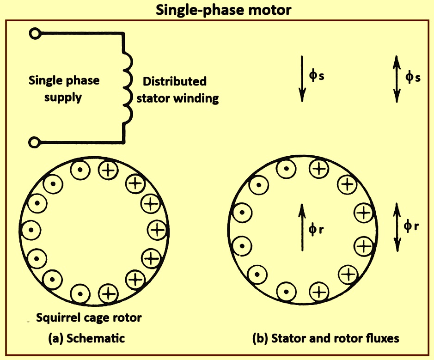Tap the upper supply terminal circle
pos(34,33)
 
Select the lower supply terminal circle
pos(34,142)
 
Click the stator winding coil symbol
pos(127,88)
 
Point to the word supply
pos(63,98)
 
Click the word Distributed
pos(174,82)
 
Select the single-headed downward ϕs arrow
pos(301,78)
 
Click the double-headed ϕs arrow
pos(397,78)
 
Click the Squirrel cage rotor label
pos(89,318)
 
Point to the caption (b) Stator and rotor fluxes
pos(325,338)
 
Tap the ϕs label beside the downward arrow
pos(317,76)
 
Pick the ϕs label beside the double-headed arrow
pos(413,77)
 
